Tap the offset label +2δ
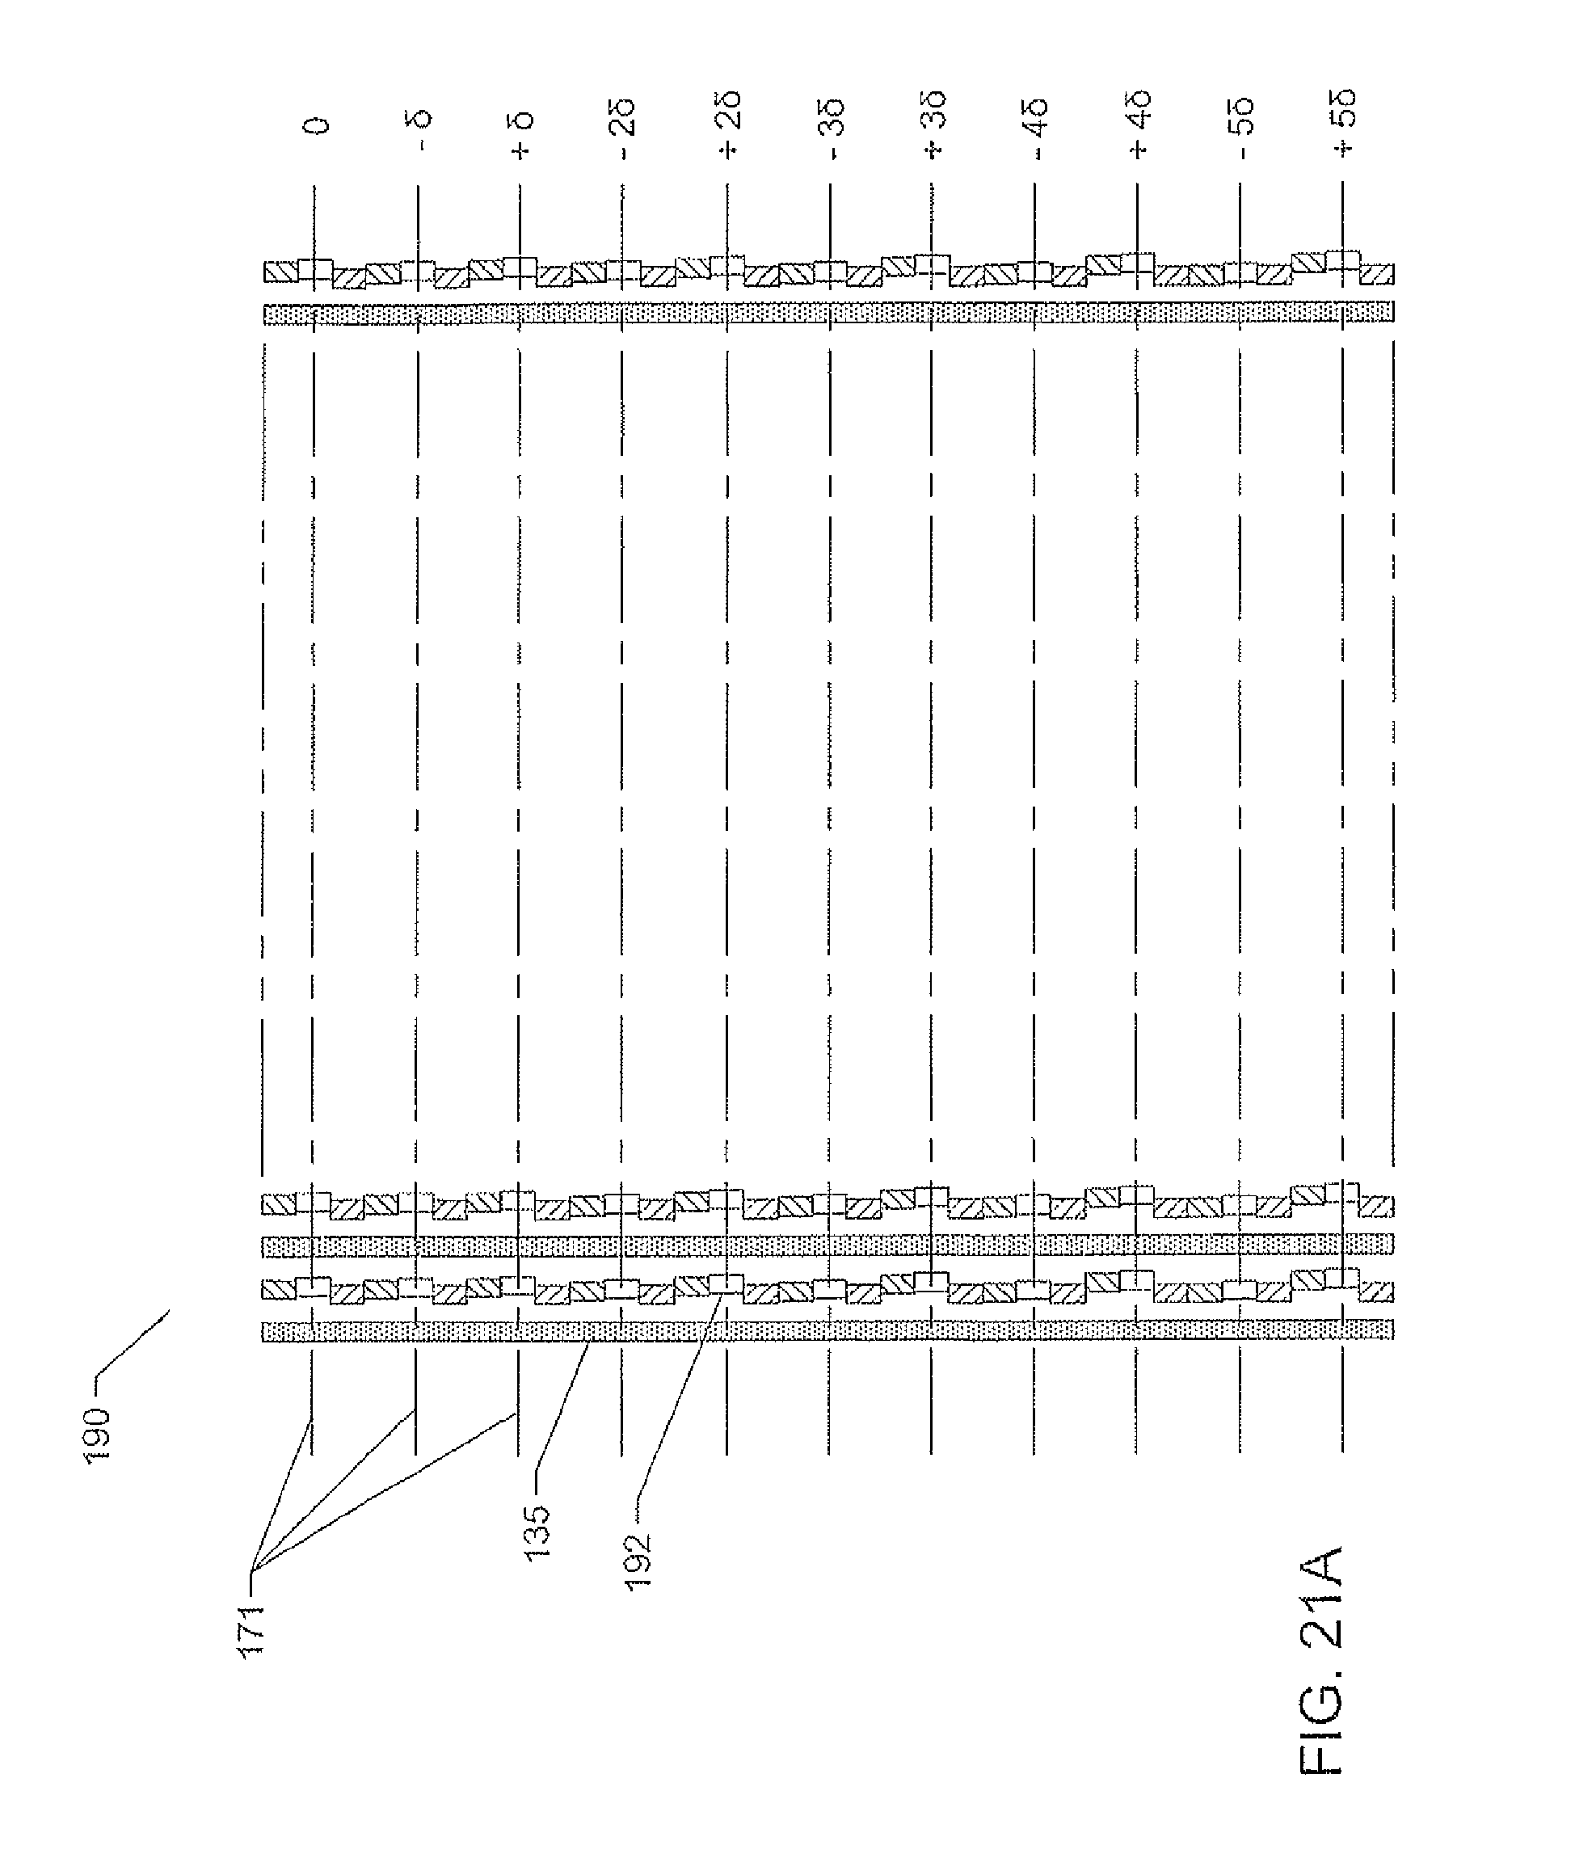click(729, 126)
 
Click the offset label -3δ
click(832, 131)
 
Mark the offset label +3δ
click(934, 126)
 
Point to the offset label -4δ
click(1037, 131)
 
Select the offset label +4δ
click(1139, 126)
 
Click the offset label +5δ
click(1345, 123)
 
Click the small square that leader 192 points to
click(726, 1284)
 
